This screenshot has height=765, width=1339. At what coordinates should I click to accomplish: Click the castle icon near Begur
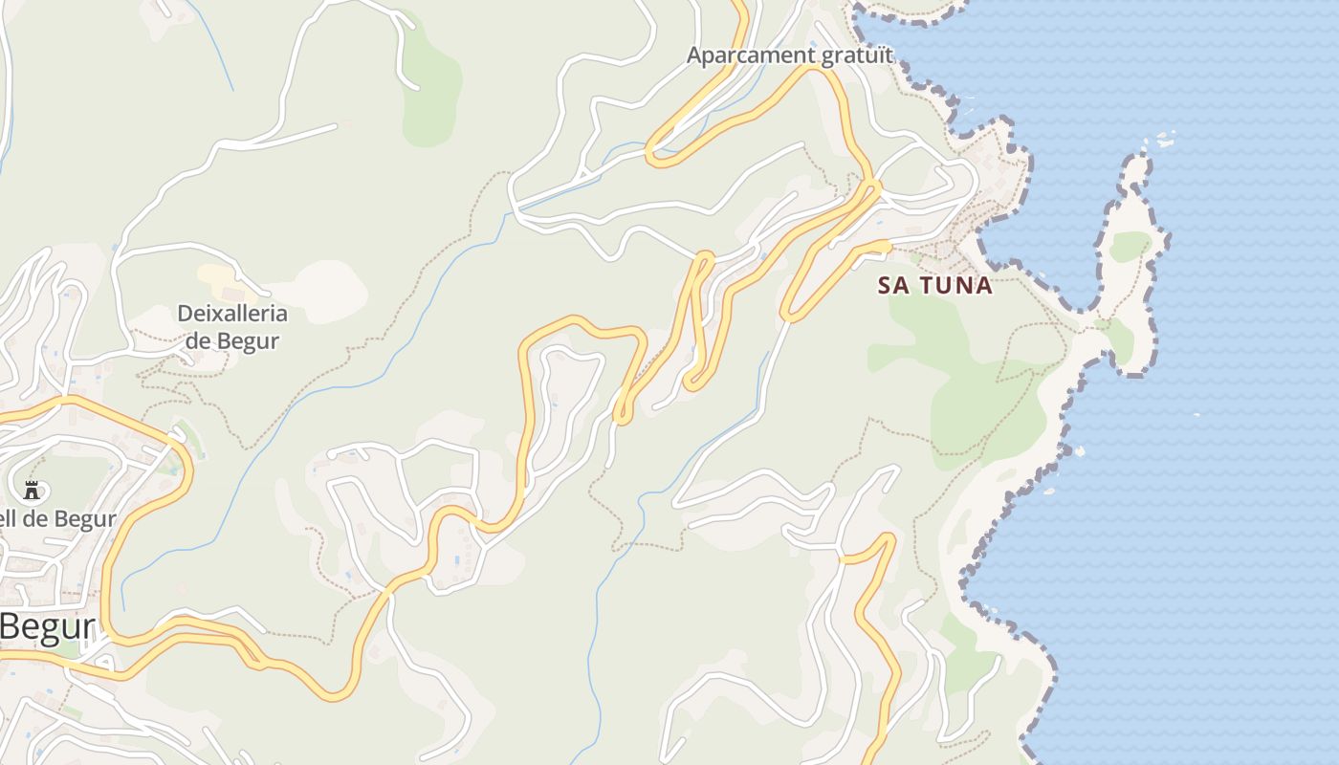tap(32, 491)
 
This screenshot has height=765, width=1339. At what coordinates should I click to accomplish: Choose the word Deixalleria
tap(232, 314)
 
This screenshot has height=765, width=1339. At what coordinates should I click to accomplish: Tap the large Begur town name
tap(48, 627)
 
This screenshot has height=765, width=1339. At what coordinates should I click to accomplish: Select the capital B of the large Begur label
tap(12, 627)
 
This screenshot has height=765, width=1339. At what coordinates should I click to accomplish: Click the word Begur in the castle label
tap(85, 519)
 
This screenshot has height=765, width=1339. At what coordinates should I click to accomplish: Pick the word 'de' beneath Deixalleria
tap(198, 340)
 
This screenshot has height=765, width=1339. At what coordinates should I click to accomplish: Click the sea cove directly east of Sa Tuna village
tap(1038, 239)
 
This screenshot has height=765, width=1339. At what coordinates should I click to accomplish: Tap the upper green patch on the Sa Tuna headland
tap(1130, 246)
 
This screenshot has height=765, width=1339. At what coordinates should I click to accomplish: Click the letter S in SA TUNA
tap(886, 285)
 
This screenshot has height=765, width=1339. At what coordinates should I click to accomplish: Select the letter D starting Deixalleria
tap(186, 314)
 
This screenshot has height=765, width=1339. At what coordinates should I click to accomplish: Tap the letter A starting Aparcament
tap(694, 55)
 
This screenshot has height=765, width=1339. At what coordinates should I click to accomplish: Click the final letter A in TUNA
tap(984, 285)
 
